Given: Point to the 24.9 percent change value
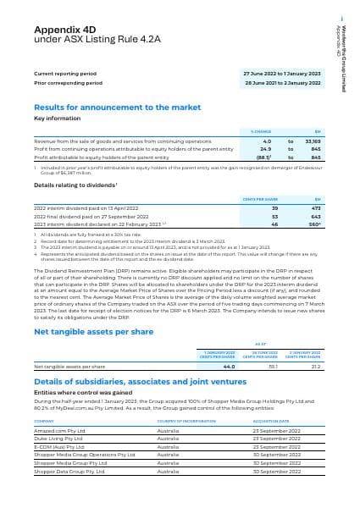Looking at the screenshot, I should (x=263, y=150).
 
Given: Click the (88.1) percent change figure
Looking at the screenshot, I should (x=261, y=157).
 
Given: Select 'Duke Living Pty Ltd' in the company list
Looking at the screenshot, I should (x=58, y=439).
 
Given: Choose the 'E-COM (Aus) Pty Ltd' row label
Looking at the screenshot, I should (x=59, y=447).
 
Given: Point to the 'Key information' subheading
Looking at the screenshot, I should (x=56, y=119).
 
